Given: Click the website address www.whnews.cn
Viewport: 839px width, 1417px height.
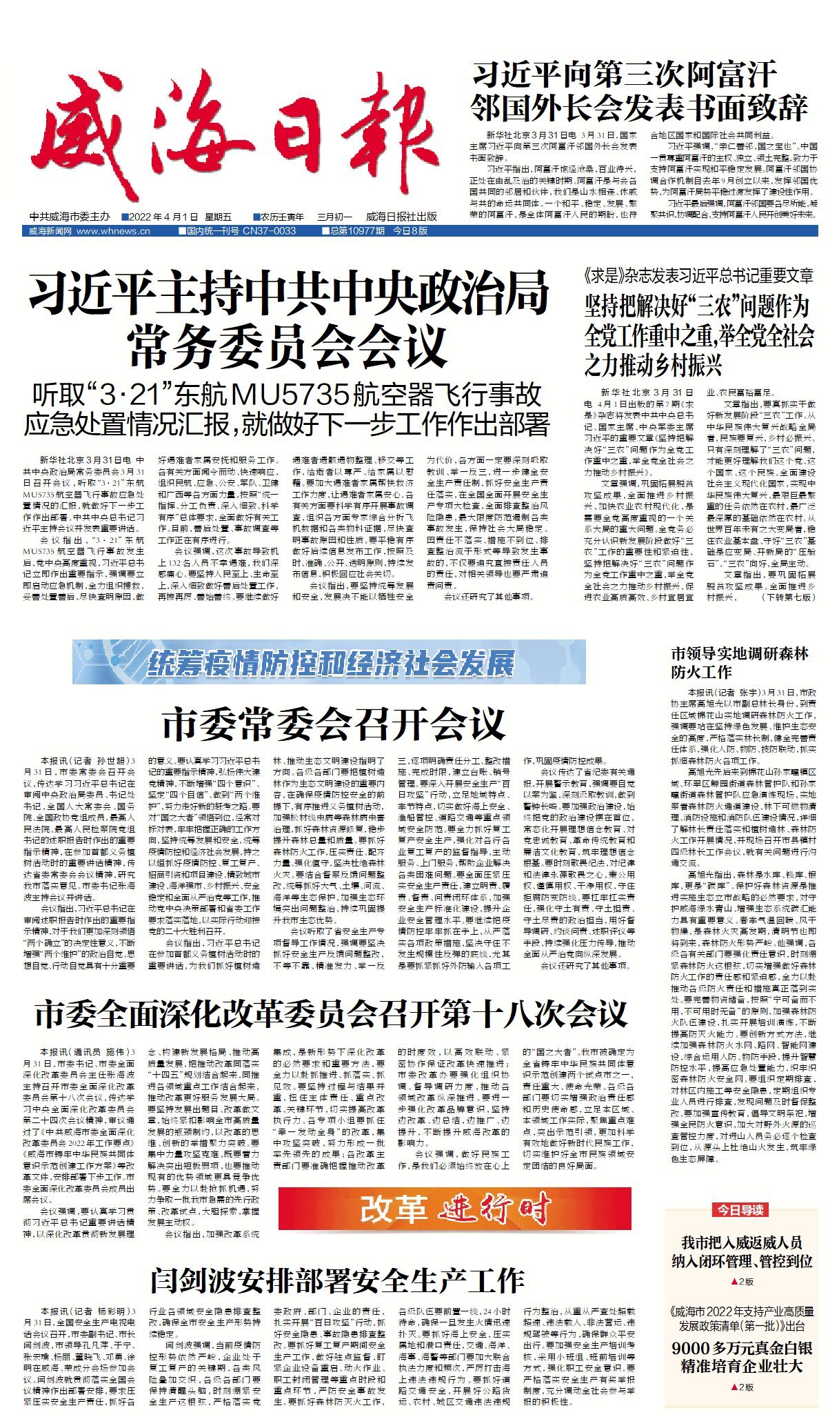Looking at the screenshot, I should tap(113, 231).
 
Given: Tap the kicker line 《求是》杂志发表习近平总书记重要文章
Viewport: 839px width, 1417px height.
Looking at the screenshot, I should tap(698, 277).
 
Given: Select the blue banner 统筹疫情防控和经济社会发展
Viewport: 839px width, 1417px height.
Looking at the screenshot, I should tap(329, 662).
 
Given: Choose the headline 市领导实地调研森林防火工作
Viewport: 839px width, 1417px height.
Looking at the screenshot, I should tap(740, 662).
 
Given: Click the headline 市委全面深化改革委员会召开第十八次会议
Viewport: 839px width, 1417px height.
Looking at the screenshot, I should tap(331, 1013).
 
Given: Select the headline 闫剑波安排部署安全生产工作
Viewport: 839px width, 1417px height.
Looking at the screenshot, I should tap(337, 1281).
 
